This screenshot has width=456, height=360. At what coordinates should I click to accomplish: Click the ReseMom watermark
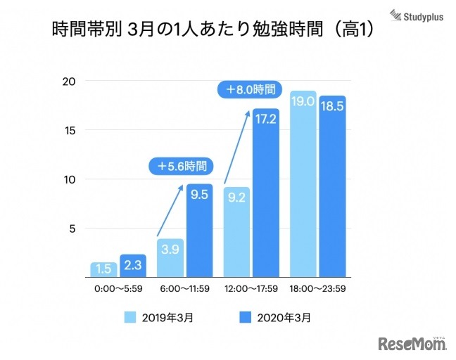pos(413,343)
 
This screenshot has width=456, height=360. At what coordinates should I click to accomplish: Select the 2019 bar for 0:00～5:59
pos(104,269)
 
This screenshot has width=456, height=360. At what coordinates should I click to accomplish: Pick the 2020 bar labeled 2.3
pos(133,266)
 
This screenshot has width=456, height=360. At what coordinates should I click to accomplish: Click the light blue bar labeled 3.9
pos(170,258)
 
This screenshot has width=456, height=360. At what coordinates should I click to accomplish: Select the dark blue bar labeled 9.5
pos(199,231)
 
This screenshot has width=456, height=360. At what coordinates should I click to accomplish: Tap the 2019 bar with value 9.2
pos(236,232)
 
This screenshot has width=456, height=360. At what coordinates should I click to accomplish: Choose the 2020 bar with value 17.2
pos(265,193)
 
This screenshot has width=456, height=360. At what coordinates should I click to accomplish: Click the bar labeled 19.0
pos(303,184)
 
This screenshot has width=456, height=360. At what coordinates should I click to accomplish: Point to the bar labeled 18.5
pos(332,186)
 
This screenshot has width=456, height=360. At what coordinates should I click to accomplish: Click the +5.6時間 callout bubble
pos(177,167)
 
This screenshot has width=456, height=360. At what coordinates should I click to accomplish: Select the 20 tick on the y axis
pos(69,81)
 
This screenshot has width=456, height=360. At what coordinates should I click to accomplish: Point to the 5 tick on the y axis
pos(72,229)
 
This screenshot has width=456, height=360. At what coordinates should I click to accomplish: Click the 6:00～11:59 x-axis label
pos(184,288)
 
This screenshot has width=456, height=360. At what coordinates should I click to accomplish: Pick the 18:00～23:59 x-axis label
pos(317,288)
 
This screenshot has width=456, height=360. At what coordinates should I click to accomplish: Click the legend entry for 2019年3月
pos(158,317)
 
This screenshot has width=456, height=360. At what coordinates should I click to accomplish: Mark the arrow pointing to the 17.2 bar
pos(237,148)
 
